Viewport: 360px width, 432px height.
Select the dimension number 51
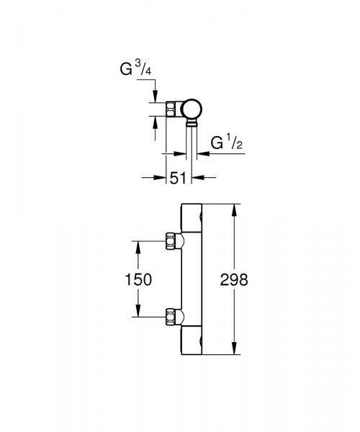pos(178,179)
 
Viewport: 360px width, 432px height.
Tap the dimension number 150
pos(138,279)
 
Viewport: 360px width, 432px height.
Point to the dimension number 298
pos(234,280)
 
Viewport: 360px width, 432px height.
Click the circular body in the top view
pos(192,109)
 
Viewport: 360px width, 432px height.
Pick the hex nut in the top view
pos(171,109)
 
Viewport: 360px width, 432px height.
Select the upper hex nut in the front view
pos(171,241)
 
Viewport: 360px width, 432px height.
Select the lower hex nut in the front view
pos(171,317)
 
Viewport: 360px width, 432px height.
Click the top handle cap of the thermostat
pos(192,217)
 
